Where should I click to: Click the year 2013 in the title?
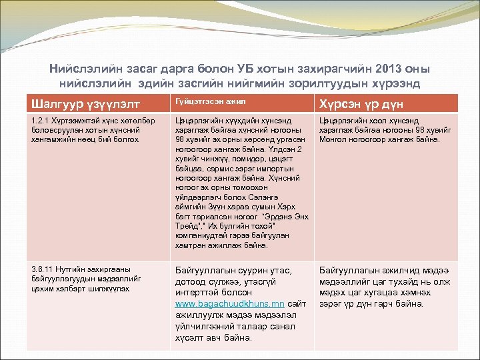388,69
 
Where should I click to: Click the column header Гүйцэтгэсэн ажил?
201,101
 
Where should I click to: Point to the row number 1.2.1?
41,121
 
